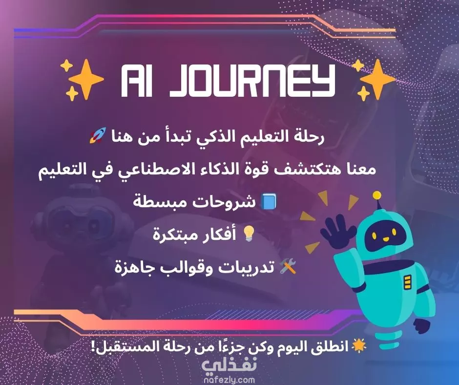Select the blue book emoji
pyautogui.click(x=269, y=202)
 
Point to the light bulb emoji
pyautogui.click(x=249, y=234)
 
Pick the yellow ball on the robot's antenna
pyautogui.click(x=377, y=195)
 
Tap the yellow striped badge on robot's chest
pyautogui.click(x=407, y=282)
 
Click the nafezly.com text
pyautogui.click(x=229, y=380)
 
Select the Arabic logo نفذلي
pyautogui.click(x=229, y=365)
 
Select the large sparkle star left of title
pyautogui.click(x=85, y=79)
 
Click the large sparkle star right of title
pyautogui.click(x=377, y=79)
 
